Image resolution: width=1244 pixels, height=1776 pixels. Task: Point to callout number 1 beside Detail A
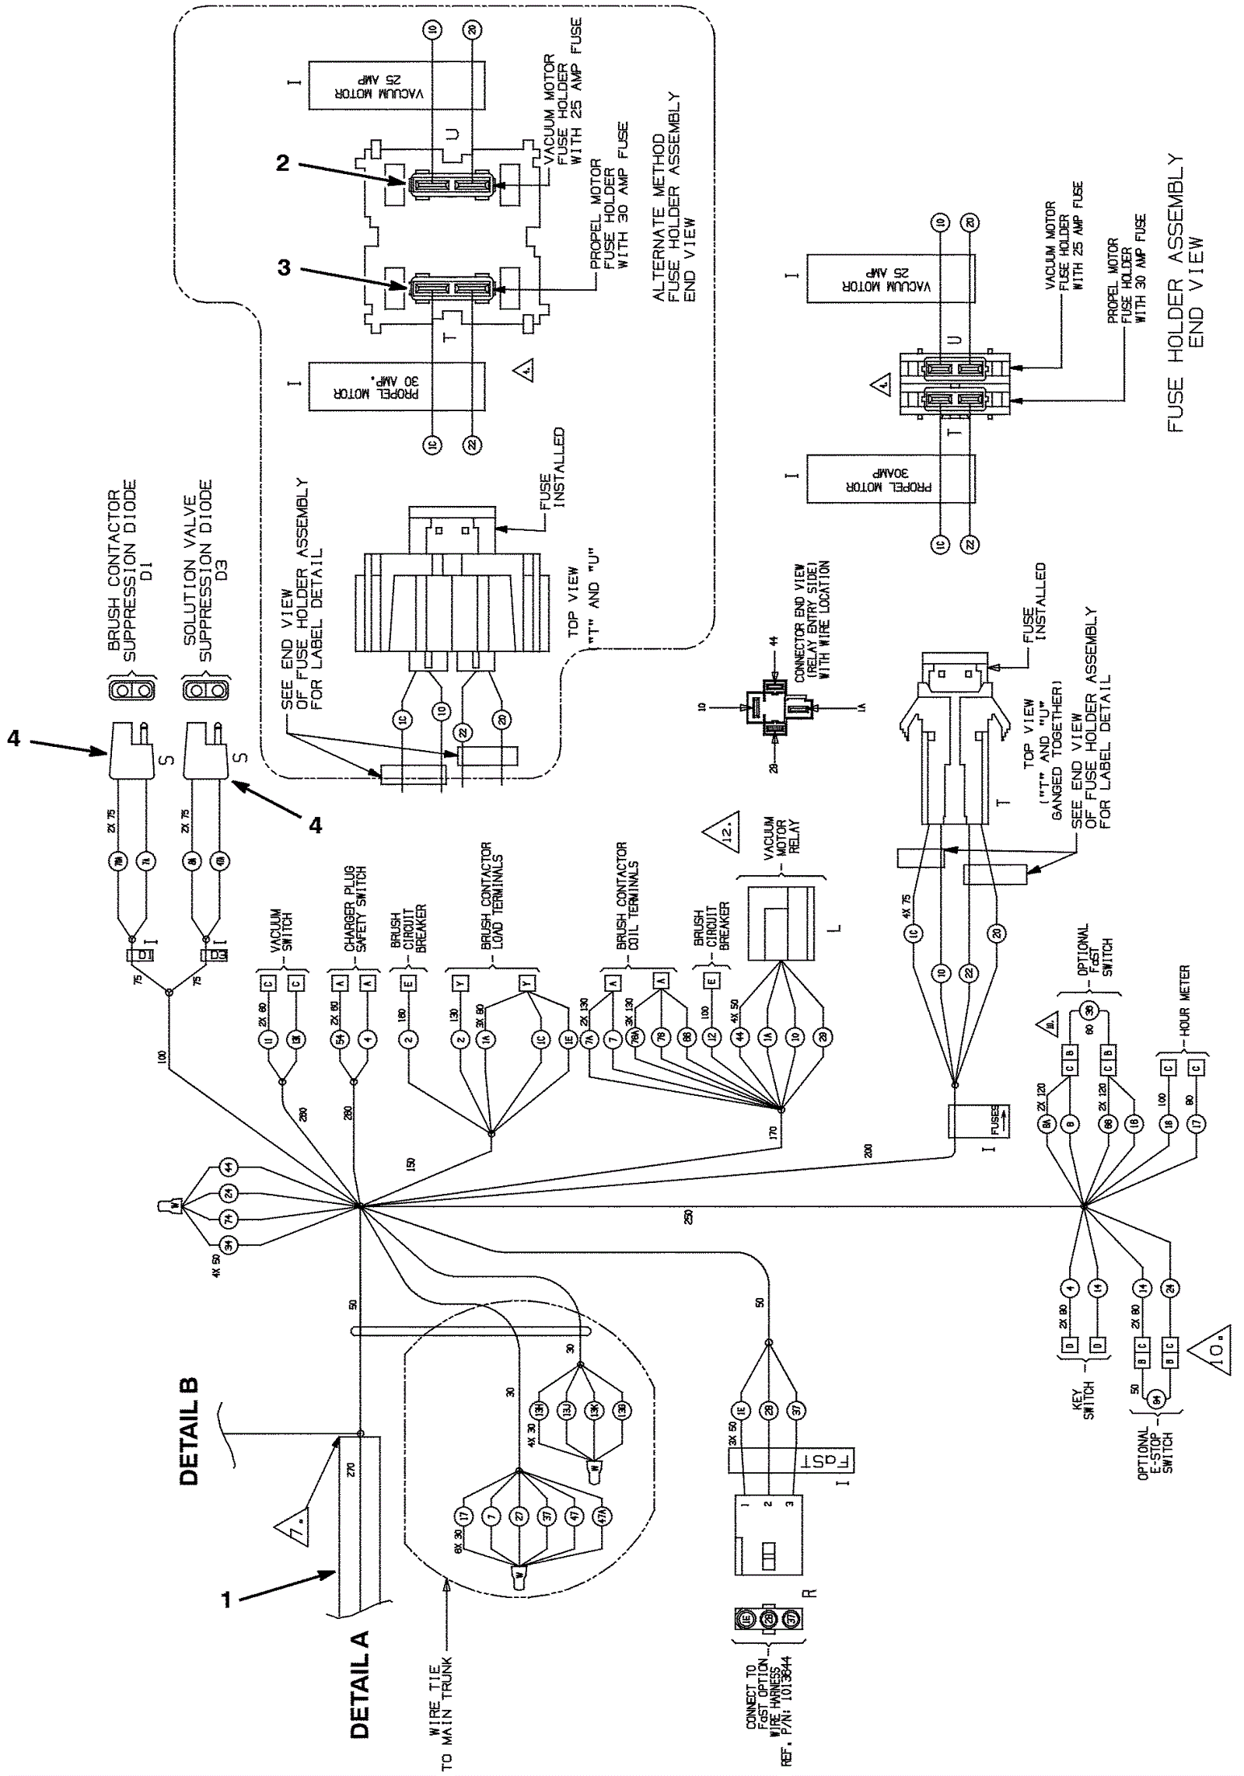pos(226,1599)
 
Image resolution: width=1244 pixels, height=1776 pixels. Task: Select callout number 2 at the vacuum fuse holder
pos(282,163)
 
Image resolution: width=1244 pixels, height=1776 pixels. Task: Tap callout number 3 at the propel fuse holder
pos(284,268)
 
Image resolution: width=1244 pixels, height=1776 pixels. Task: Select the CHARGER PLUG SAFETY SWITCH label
pos(355,909)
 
